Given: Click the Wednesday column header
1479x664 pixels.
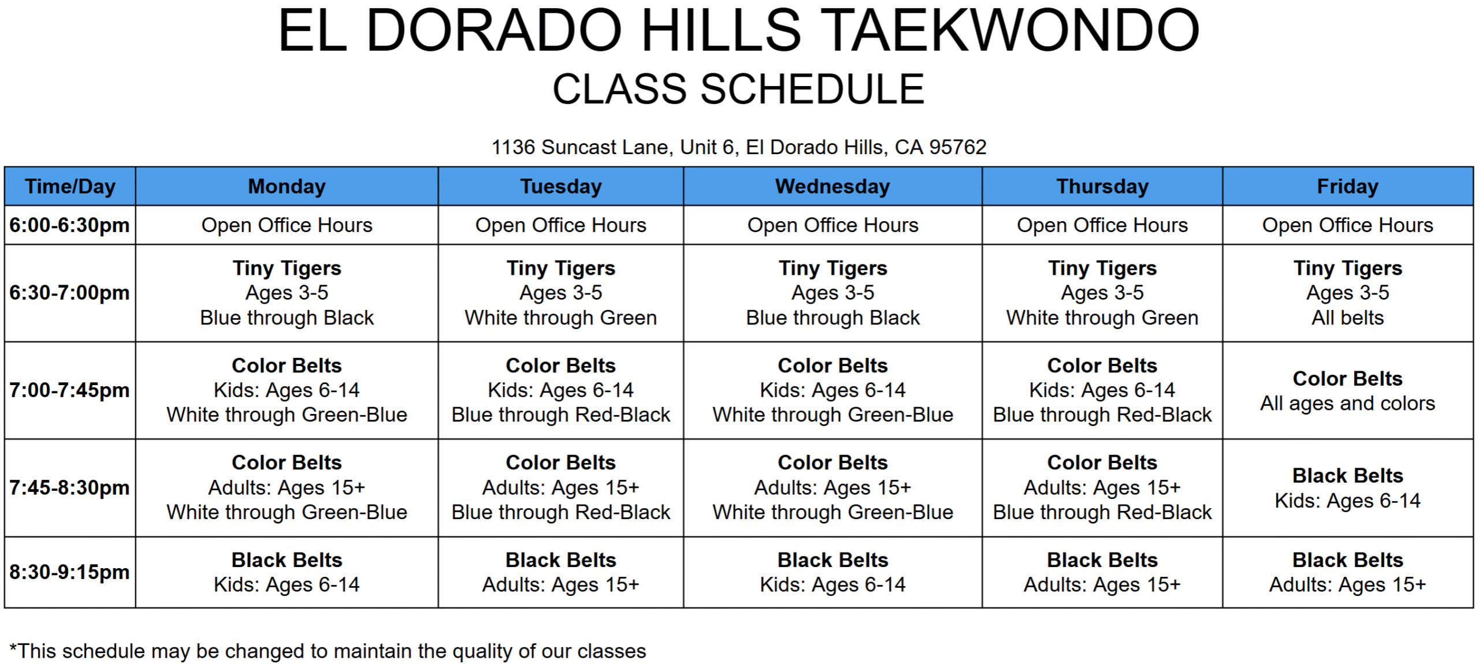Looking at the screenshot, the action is coord(833,186).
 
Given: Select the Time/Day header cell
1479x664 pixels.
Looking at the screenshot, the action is coord(70,186).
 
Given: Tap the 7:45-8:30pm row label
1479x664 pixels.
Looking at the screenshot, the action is coord(70,488).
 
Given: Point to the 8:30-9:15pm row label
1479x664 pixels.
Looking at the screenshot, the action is coord(70,572).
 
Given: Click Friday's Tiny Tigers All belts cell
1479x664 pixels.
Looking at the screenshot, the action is coord(1348,293).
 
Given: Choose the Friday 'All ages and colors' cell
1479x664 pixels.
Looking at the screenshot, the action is coord(1348,390).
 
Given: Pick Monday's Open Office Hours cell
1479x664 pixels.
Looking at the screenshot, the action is coord(287,225).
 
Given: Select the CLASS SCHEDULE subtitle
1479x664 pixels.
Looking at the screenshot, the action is coord(739,89).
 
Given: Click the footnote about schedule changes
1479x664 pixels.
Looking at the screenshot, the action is coord(328,651).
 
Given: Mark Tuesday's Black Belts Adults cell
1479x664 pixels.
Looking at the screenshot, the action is coord(560,572).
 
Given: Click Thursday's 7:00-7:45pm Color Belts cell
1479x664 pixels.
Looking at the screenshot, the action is coord(1102,390).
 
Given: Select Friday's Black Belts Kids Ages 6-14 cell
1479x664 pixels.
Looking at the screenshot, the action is coord(1348,488).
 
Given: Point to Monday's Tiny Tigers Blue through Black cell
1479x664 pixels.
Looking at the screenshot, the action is coord(287,293).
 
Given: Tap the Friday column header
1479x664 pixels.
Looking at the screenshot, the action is coord(1348,186).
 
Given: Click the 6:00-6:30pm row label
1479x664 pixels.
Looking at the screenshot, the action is coord(70,225).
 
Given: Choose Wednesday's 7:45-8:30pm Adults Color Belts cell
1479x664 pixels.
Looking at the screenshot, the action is coord(833,488).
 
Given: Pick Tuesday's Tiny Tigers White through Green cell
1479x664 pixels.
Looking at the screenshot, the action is coord(560,293).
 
